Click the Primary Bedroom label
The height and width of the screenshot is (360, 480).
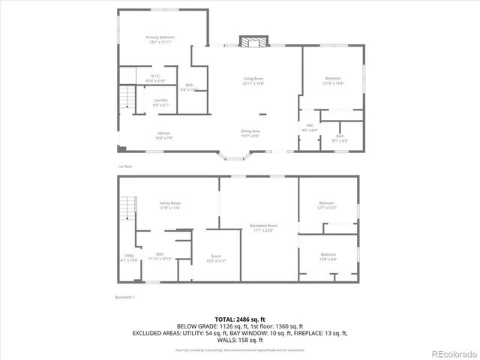click(x=160, y=39)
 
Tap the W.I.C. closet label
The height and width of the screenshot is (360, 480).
click(x=155, y=77)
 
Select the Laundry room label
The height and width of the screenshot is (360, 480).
click(x=160, y=102)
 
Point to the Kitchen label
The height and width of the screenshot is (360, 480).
click(x=163, y=135)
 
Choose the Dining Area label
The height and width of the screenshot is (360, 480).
click(x=250, y=133)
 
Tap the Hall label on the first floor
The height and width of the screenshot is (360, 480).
click(x=309, y=127)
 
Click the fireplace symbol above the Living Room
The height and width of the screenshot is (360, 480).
click(x=253, y=41)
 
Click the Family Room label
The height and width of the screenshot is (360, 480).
click(x=169, y=205)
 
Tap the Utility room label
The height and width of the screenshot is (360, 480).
click(x=129, y=258)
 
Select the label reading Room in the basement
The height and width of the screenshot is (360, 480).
click(x=216, y=259)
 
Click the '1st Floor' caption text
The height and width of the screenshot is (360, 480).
click(x=124, y=166)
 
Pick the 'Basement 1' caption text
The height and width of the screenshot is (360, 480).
click(x=124, y=298)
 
